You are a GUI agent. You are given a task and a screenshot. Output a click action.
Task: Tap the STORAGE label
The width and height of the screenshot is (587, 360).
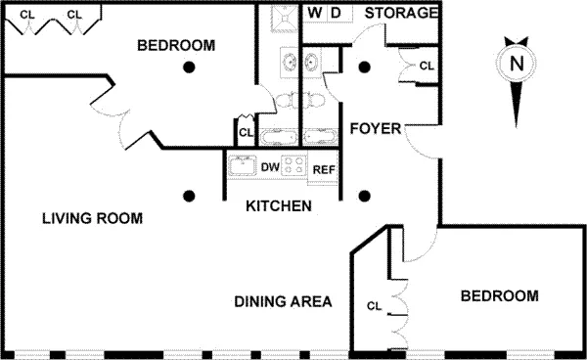(x=401, y=13)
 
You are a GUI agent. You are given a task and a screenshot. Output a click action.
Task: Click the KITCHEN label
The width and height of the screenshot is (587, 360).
(x=279, y=206)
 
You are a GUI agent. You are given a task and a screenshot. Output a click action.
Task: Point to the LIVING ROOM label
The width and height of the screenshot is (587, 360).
(x=93, y=218)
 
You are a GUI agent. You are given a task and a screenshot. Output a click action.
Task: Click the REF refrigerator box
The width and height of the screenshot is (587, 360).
(x=324, y=169)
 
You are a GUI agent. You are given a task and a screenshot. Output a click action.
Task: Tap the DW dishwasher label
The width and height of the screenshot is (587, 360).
(x=270, y=167)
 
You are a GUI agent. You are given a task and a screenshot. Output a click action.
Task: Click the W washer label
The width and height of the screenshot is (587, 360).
(x=315, y=13)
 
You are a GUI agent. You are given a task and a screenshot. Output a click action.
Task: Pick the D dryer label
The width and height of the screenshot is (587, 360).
(x=335, y=13)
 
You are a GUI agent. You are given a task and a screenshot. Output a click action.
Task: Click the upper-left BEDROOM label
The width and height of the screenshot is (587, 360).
(x=176, y=45)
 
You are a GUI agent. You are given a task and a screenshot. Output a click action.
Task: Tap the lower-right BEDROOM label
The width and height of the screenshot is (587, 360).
(x=500, y=295)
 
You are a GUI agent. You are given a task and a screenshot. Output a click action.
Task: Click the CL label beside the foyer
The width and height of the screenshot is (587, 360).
(x=427, y=66)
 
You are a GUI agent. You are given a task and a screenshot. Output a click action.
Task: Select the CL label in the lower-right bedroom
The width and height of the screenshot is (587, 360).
(x=374, y=305)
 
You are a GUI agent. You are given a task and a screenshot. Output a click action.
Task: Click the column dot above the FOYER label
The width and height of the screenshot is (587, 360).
(x=364, y=67)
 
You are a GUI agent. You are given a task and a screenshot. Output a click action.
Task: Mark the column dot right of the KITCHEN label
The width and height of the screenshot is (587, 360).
(x=364, y=195)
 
